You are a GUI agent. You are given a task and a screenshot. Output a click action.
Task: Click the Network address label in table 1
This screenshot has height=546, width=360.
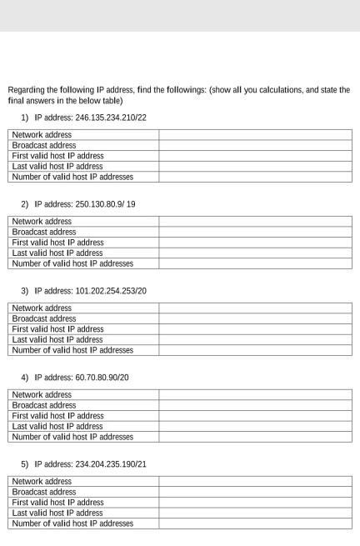tap(42, 135)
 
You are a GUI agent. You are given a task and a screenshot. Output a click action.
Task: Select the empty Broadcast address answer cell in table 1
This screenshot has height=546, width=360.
tap(255, 145)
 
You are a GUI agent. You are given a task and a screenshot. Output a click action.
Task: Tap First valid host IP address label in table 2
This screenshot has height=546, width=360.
tap(57, 243)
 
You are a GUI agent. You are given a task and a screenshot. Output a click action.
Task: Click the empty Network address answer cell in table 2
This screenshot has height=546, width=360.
tap(255, 222)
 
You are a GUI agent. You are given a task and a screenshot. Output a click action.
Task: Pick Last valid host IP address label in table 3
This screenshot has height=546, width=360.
tap(57, 339)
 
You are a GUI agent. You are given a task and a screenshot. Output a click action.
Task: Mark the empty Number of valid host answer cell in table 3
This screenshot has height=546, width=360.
tap(255, 350)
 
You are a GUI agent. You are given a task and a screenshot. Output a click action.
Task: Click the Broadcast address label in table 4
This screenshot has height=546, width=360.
tap(43, 405)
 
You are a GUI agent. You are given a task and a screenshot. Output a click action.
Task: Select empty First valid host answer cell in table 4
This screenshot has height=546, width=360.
tap(255, 415)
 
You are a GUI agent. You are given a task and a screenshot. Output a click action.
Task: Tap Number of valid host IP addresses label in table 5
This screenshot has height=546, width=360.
tap(72, 523)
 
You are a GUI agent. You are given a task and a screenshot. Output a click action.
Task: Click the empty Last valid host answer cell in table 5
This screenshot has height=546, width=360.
tap(255, 513)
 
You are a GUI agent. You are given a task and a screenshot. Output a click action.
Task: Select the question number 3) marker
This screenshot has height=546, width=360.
tap(25, 291)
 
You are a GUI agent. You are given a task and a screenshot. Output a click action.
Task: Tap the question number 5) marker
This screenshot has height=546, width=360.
tap(25, 464)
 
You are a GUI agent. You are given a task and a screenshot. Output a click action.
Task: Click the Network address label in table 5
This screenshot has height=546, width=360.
tap(42, 482)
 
